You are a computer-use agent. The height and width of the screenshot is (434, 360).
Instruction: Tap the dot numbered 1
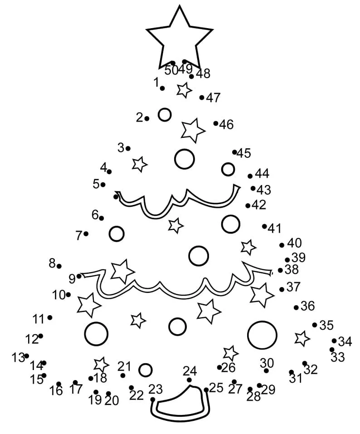tap(162, 88)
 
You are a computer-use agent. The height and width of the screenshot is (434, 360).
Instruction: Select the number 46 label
tap(226, 125)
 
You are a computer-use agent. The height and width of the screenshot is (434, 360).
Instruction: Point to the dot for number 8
tap(59, 266)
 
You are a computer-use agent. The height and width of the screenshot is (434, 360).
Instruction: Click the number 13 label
tap(18, 358)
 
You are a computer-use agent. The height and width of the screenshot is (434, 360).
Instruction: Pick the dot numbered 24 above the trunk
tap(189, 380)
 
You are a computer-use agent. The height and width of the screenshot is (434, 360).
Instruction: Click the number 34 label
tap(345, 342)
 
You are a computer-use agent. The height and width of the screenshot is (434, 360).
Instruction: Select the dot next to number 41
tap(264, 226)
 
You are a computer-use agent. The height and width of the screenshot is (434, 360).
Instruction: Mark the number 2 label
tap(139, 117)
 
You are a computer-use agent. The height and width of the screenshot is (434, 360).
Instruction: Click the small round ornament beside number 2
tap(165, 115)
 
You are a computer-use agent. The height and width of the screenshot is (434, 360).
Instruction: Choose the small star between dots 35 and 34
tap(302, 338)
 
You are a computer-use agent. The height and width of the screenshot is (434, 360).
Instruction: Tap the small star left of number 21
tap(101, 364)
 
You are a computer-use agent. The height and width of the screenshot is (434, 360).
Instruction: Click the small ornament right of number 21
tap(145, 370)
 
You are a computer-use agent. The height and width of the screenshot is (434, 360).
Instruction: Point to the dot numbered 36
tap(296, 307)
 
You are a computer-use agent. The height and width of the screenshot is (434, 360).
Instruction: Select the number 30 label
tap(267, 363)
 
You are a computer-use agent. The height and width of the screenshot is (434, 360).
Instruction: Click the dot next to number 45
tap(234, 152)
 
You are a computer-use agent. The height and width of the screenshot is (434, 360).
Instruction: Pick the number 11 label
tap(39, 319)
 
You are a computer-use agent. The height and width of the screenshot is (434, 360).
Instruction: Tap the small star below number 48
tap(184, 90)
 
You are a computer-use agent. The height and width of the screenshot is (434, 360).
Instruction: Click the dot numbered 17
tap(75, 383)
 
